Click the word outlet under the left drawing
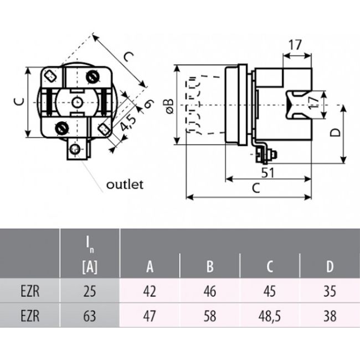(125, 184)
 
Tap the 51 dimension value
(268, 172)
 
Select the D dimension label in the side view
(335, 133)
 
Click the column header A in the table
(150, 267)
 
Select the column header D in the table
(330, 267)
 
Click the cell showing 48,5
(270, 316)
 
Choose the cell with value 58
(210, 316)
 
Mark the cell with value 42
(150, 291)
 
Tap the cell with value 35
(330, 291)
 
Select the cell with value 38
(330, 316)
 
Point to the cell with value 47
(150, 316)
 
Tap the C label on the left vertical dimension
(19, 102)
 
